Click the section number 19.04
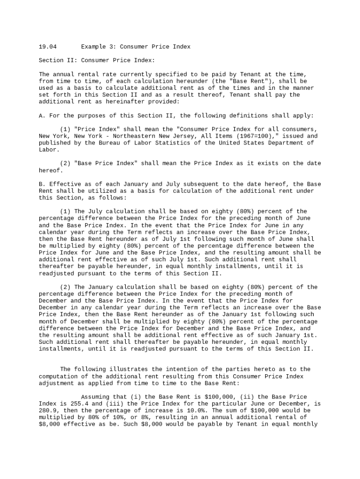48,47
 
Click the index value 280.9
48,411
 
